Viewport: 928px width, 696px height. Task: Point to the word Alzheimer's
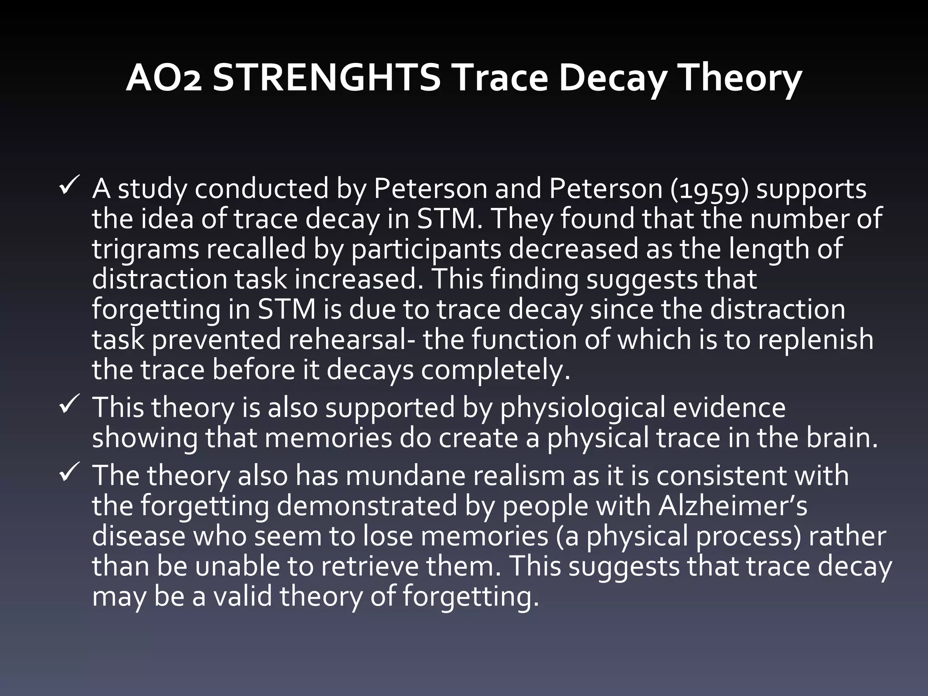[x=733, y=506]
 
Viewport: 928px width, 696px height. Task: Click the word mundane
[x=402, y=476]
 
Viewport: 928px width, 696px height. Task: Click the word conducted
[x=261, y=189]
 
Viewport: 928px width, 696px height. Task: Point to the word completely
[x=495, y=370]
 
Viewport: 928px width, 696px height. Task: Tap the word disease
[x=139, y=536]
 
